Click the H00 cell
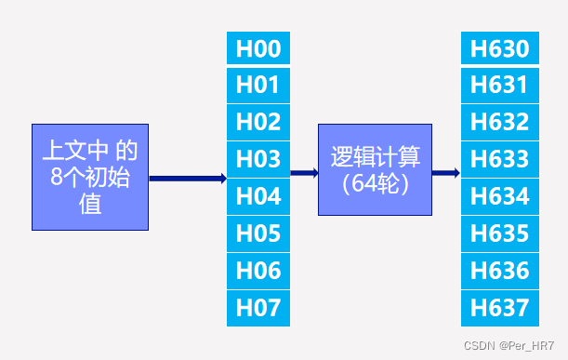(258, 48)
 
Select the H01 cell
(258, 86)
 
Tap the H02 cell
(258, 122)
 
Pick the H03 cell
(258, 159)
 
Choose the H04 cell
(258, 196)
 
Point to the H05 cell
(258, 233)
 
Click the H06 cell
(258, 271)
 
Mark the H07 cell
(258, 308)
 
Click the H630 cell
(499, 48)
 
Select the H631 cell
(499, 86)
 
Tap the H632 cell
(499, 122)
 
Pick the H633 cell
(499, 159)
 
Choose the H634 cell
(499, 196)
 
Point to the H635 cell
(499, 233)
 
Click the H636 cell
(499, 271)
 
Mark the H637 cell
(499, 308)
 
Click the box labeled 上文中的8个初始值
(90, 177)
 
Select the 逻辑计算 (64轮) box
(375, 169)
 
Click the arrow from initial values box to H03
(187, 178)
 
